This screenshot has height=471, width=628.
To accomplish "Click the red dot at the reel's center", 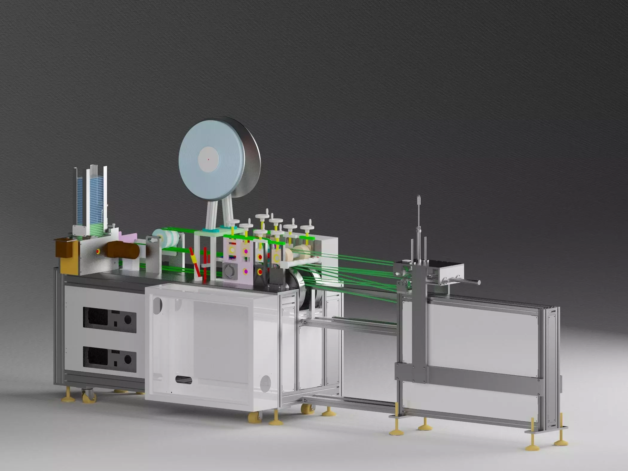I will (208, 159).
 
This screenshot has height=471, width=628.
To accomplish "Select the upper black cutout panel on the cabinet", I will (109, 320).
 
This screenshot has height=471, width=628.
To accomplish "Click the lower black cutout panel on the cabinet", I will (109, 359).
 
